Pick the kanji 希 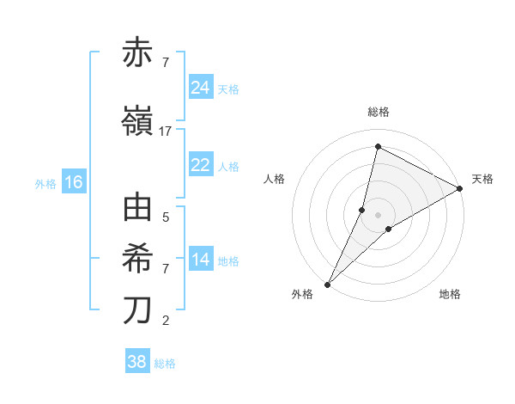138,259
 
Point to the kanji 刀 138,310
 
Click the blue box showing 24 200,88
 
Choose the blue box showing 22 200,166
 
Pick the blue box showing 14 200,260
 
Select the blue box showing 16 74,182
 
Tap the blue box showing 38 137,362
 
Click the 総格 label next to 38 165,364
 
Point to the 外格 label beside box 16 45,183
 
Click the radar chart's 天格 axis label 482,179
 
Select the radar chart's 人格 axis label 275,179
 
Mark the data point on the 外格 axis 327,284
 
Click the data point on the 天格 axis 460,188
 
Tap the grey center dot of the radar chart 378,215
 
